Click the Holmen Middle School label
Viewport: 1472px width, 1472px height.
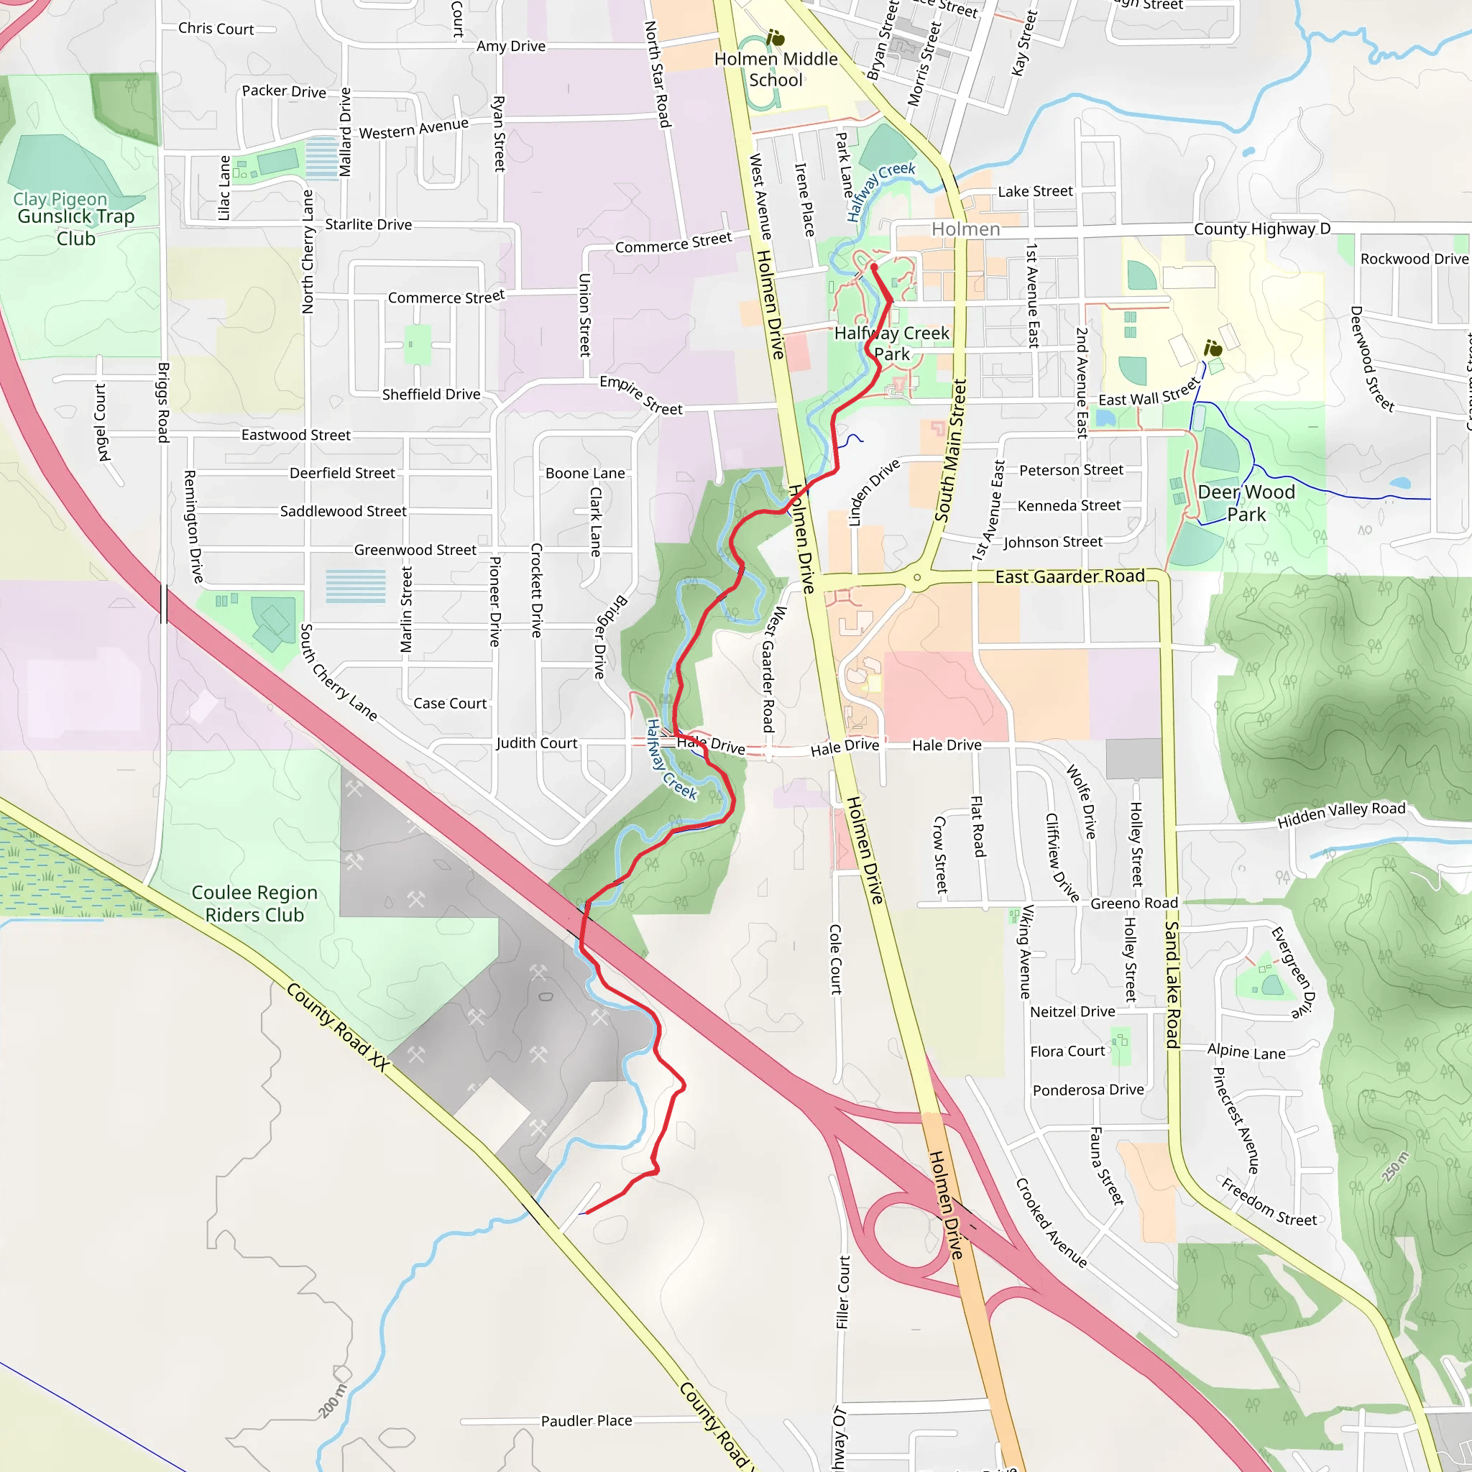(x=776, y=69)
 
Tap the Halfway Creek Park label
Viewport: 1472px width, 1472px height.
(x=891, y=343)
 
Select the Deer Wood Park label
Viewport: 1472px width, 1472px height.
(x=1246, y=503)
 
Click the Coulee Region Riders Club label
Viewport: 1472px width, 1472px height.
(x=254, y=903)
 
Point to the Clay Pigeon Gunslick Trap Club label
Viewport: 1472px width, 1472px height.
(x=75, y=218)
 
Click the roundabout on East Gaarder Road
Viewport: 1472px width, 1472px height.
(x=917, y=578)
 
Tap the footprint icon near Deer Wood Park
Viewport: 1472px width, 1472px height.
(x=1213, y=348)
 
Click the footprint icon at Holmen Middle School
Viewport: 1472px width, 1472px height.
(x=775, y=37)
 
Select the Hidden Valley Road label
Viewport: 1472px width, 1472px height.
(x=1341, y=814)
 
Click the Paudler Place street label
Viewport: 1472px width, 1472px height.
(x=586, y=1421)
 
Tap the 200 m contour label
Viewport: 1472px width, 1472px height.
(x=332, y=1400)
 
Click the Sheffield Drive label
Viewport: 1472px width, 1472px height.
(x=431, y=394)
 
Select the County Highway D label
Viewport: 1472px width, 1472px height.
(x=1261, y=229)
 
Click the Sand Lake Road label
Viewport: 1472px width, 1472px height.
(x=1172, y=984)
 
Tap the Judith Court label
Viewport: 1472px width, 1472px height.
(x=536, y=743)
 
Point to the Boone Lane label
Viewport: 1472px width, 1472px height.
(x=585, y=473)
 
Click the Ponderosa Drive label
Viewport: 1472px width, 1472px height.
(x=1088, y=1090)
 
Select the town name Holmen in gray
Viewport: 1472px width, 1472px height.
(x=965, y=229)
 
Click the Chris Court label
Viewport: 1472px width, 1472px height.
(x=216, y=29)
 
